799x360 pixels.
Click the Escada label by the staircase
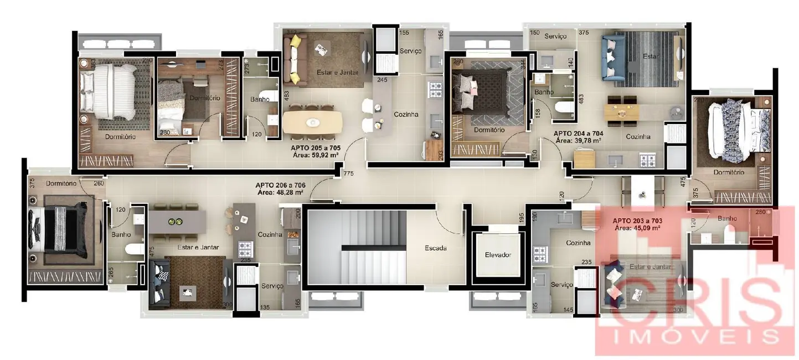pyautogui.click(x=436, y=248)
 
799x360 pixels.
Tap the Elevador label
pyautogui.click(x=498, y=255)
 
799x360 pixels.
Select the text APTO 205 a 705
pyautogui.click(x=315, y=148)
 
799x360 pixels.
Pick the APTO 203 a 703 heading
pyautogui.click(x=637, y=220)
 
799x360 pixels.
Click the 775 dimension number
pyautogui.click(x=348, y=174)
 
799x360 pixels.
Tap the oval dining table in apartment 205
pyautogui.click(x=312, y=122)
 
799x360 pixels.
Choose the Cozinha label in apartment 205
pyautogui.click(x=406, y=115)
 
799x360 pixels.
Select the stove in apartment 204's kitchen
pyautogui.click(x=647, y=161)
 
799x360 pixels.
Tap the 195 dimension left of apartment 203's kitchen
pyautogui.click(x=522, y=218)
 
